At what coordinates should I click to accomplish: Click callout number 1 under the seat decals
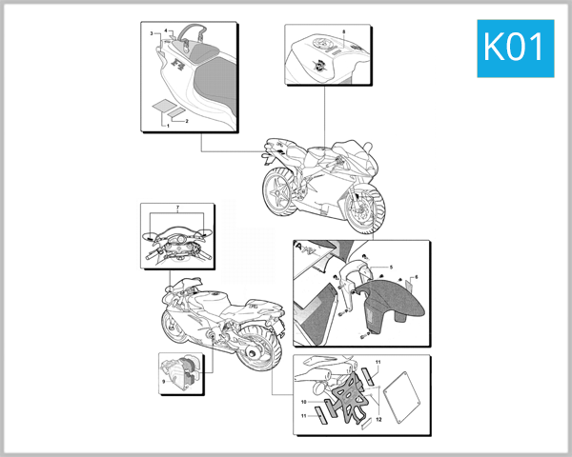pos(169,125)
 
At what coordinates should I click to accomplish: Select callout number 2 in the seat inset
pos(152,33)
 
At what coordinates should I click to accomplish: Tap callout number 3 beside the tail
pos(164,30)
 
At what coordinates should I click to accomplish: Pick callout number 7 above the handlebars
pos(177,207)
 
